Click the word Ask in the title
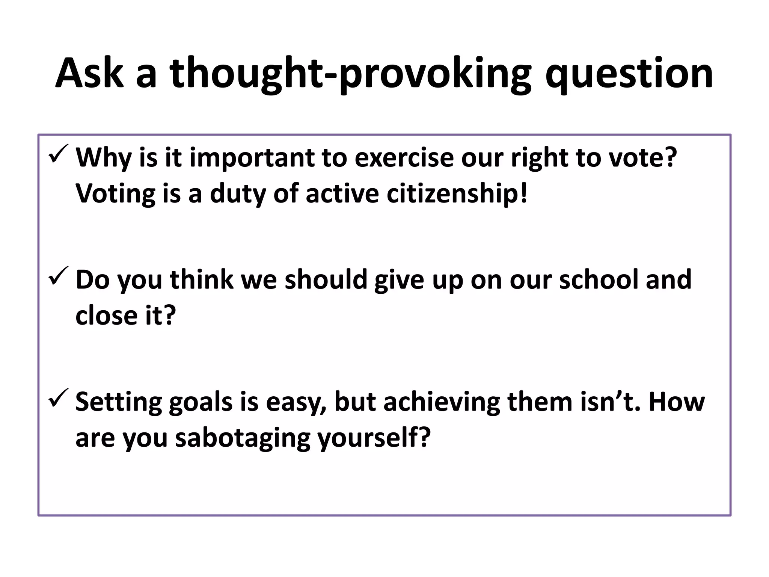tap(89, 73)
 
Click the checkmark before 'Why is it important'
tap(59, 154)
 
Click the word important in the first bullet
tap(252, 158)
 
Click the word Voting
tap(115, 195)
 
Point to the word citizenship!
tap(457, 194)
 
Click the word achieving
tap(442, 402)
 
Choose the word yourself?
tap(373, 438)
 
